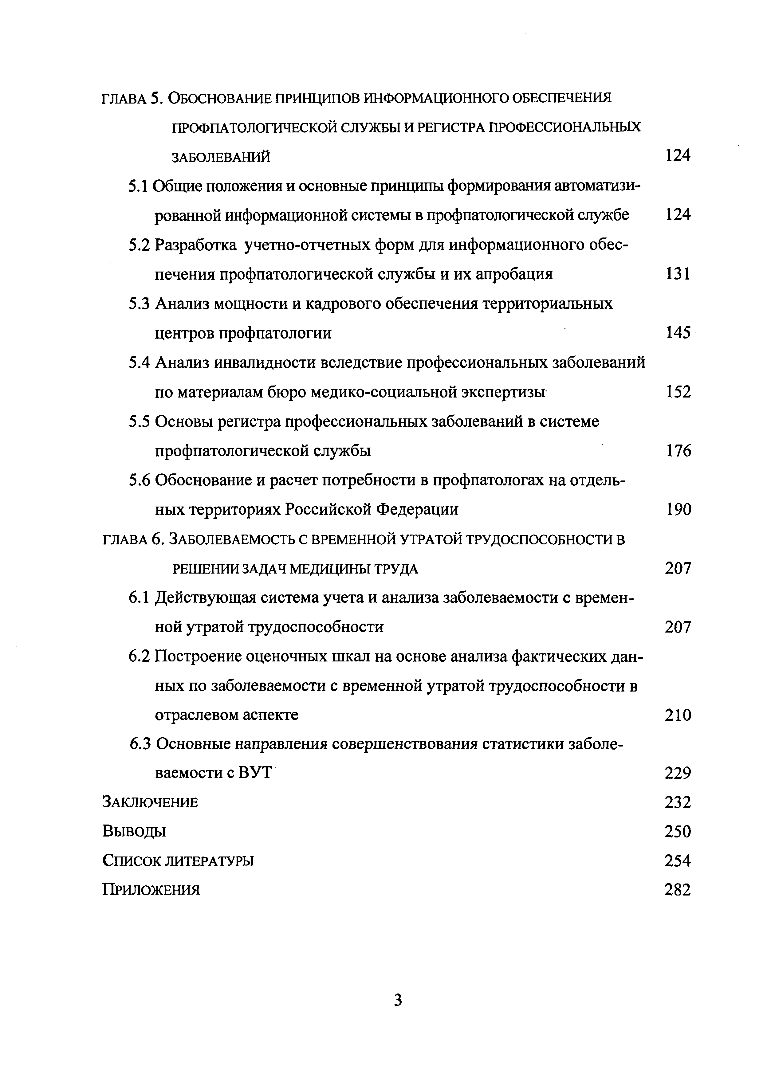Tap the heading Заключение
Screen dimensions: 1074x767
(x=150, y=802)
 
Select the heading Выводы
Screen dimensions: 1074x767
(x=134, y=831)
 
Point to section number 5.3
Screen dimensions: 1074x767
(x=139, y=304)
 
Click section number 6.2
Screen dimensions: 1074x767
(x=139, y=657)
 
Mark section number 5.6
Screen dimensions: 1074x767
(x=139, y=480)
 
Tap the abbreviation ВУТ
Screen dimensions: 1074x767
(x=255, y=773)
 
